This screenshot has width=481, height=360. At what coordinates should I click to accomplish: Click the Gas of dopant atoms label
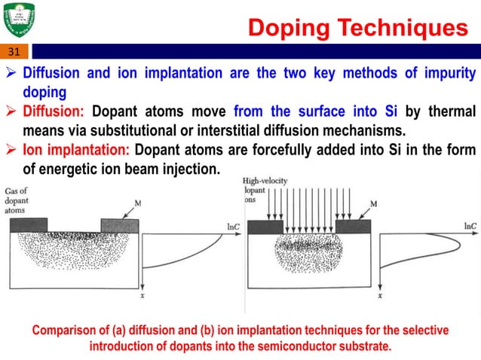point(16,201)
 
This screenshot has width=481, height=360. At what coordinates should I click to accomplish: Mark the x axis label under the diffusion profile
point(142,298)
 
